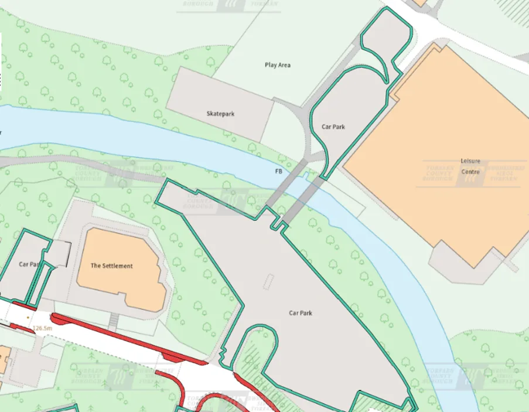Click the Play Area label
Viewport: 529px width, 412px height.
point(277,65)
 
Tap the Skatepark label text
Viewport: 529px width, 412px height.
point(220,114)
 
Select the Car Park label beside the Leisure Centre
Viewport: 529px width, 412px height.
point(333,127)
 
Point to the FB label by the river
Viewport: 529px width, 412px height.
point(278,172)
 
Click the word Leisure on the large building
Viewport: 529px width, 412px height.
point(470,161)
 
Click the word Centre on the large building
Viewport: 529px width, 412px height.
point(470,172)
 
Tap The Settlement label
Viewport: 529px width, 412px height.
point(111,265)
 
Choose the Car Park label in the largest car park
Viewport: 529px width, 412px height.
point(301,313)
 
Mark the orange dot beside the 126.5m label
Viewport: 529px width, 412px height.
point(26,318)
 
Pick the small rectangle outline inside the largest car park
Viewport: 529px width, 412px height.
point(268,282)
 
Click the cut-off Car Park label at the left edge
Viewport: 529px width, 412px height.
point(28,264)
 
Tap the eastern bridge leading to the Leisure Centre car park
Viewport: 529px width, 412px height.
point(305,197)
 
